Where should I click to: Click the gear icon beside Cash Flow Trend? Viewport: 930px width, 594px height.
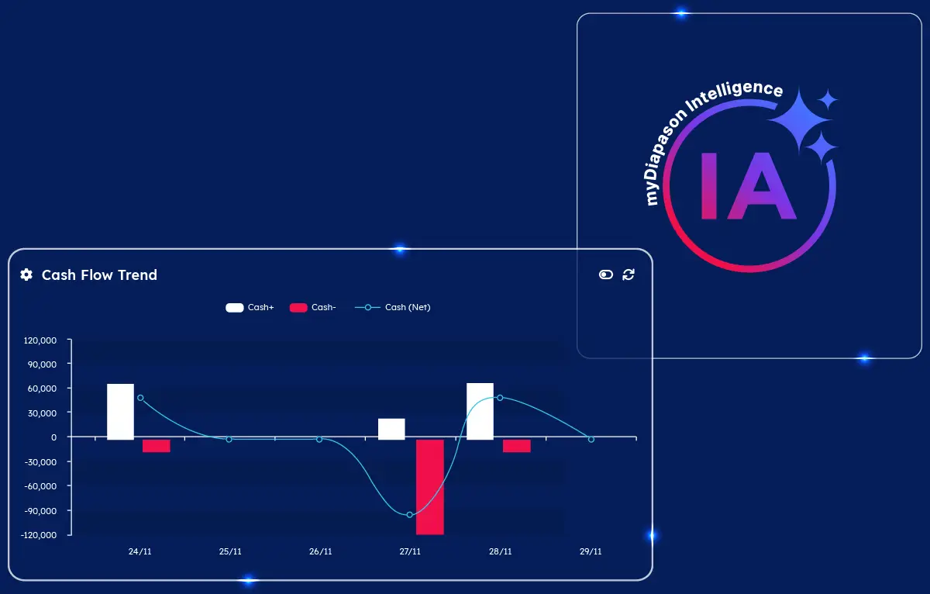tap(26, 275)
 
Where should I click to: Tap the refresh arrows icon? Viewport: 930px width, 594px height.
tap(629, 275)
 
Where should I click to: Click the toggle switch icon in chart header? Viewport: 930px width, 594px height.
tap(606, 275)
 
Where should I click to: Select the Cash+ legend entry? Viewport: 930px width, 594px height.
tap(250, 307)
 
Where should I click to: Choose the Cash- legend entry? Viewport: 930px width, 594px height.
tap(312, 307)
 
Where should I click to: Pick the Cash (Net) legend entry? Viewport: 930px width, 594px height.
tap(393, 307)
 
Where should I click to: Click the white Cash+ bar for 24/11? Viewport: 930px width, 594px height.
tap(120, 411)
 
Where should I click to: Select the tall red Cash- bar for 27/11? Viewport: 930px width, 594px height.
tap(430, 487)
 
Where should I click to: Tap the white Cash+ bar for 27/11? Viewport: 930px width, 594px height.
tap(391, 429)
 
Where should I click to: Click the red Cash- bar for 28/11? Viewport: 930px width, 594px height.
tap(517, 446)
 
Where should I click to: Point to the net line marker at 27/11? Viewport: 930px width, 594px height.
tap(410, 515)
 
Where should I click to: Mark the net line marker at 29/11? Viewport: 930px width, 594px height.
tap(591, 439)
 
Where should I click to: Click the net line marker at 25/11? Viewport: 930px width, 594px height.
tap(229, 439)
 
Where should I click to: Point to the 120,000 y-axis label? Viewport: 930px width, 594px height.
tap(40, 340)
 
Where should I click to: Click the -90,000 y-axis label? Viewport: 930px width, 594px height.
tap(40, 511)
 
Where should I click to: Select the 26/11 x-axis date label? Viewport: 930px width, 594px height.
tap(321, 551)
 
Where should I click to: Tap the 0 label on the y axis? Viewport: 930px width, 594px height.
tap(54, 437)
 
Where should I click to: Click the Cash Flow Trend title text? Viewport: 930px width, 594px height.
tap(100, 275)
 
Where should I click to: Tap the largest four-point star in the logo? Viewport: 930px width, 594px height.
tap(799, 119)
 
